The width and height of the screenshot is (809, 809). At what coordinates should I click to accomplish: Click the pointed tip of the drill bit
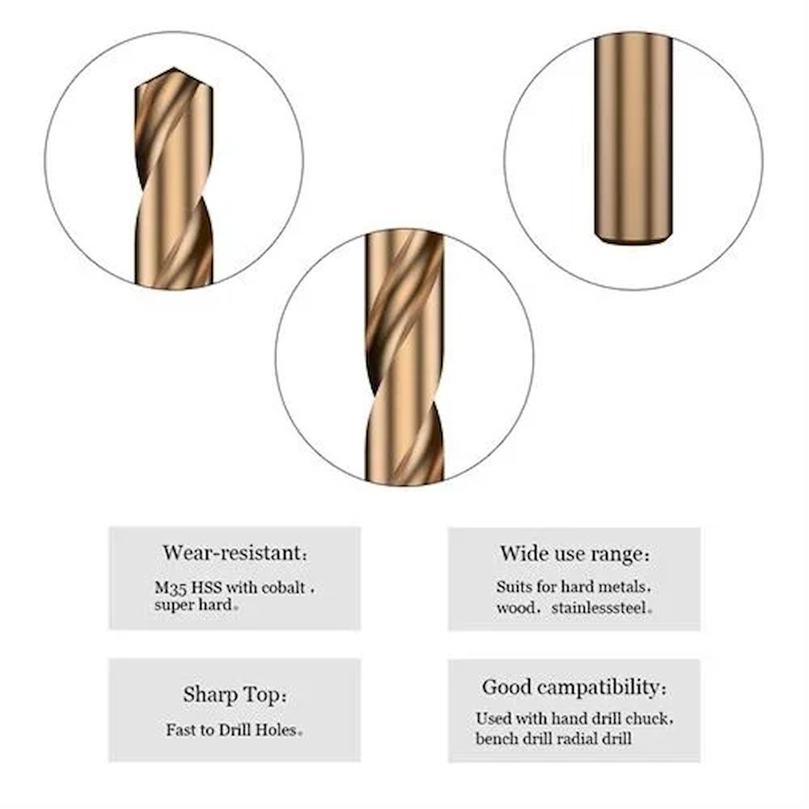(173, 68)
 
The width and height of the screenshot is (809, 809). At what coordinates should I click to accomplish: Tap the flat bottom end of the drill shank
(633, 241)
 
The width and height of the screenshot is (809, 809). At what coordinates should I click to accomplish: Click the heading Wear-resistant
(235, 553)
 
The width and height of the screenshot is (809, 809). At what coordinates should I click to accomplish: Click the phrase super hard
(193, 605)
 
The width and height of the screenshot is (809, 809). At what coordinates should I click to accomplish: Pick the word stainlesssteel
(599, 608)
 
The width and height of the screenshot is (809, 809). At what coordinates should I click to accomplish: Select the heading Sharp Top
(234, 695)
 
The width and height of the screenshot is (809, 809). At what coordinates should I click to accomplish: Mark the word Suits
(514, 587)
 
